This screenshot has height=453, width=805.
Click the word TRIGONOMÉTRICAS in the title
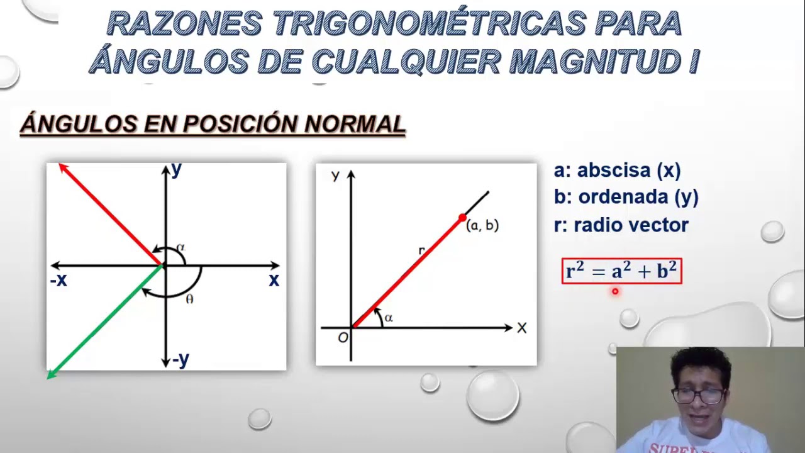429,24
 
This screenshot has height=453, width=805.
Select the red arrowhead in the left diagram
62,167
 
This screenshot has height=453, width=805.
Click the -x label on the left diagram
58,281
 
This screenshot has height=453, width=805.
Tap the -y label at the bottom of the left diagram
180,359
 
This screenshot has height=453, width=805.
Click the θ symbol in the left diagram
189,299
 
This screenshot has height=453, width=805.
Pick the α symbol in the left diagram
181,247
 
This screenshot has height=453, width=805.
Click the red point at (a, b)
462,218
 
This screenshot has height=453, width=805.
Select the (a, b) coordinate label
482,225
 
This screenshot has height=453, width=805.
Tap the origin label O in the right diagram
343,338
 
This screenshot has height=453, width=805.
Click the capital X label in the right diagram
522,328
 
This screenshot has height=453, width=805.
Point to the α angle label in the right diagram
389,318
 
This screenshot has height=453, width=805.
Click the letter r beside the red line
421,251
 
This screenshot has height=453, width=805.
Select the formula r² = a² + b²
621,271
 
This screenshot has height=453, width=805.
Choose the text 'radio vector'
631,225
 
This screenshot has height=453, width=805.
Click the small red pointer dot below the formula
615,291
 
